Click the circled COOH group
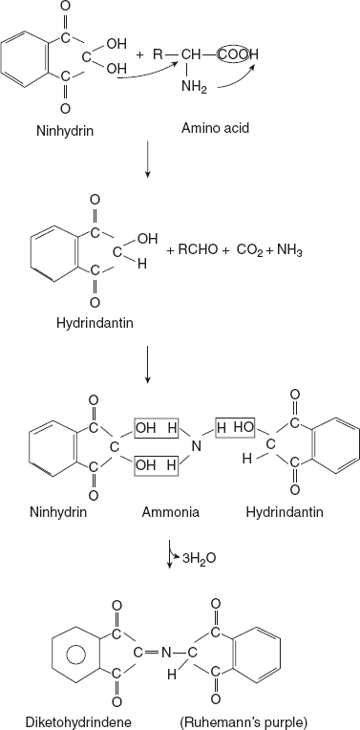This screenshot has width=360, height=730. click(x=249, y=54)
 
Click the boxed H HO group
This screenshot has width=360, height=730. click(x=234, y=427)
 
